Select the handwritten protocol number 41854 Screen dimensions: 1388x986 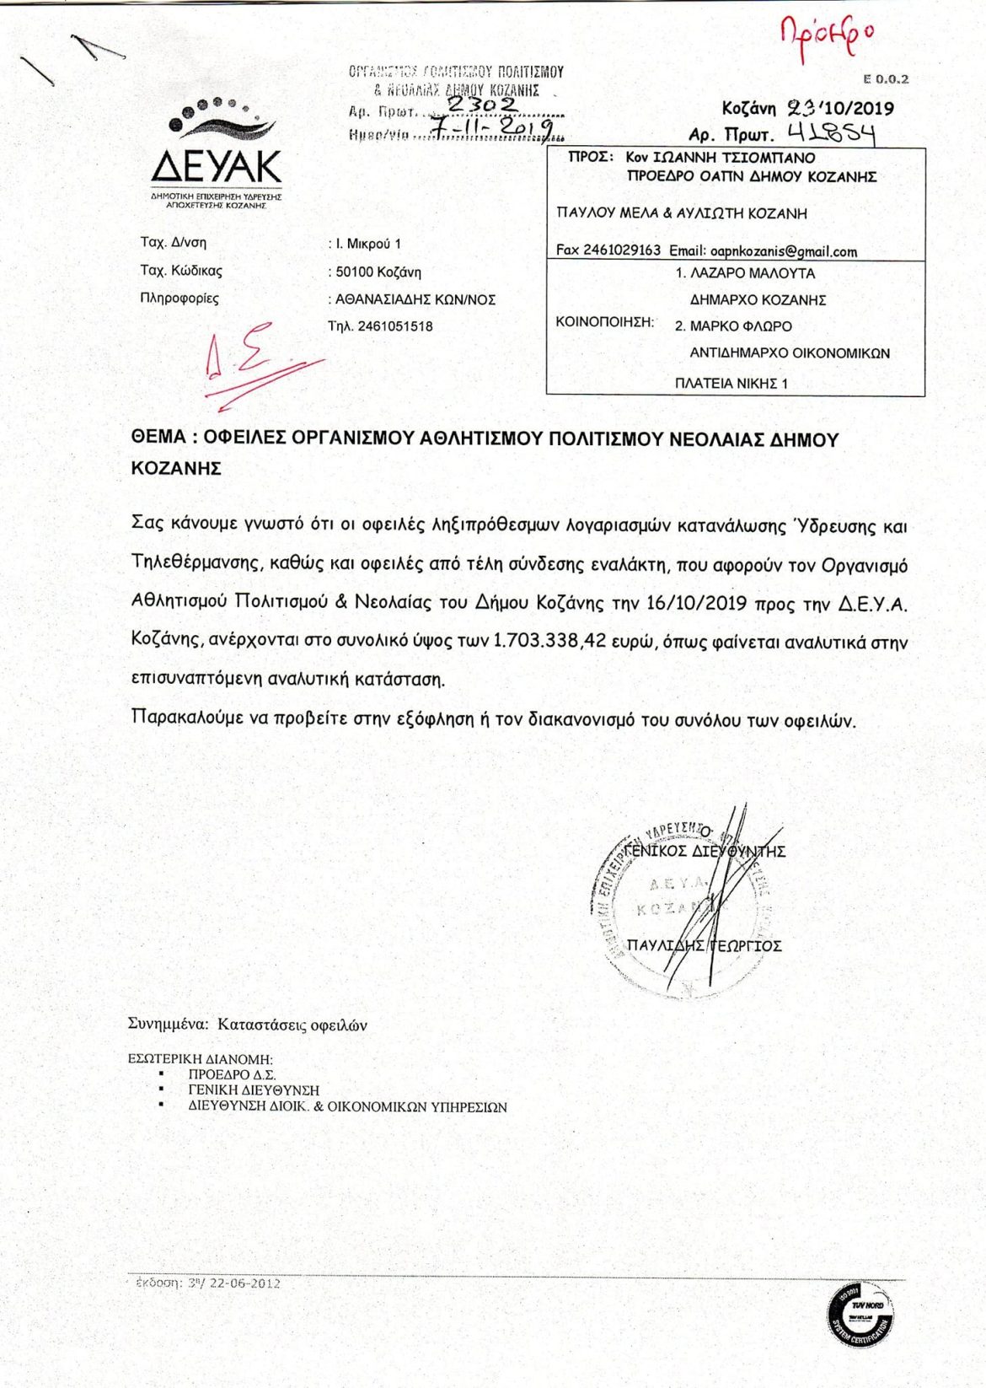831,133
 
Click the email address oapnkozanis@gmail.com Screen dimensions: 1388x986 783,251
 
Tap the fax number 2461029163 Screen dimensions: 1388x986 621,250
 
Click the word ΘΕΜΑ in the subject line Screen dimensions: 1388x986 158,438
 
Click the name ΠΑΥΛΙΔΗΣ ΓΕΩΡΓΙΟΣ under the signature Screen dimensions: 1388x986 705,946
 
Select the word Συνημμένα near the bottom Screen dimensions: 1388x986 168,1025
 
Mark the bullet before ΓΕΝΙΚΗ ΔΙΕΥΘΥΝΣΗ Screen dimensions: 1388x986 160,1090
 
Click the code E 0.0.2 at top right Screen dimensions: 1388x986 886,79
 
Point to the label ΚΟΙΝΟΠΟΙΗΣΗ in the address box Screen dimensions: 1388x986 605,322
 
